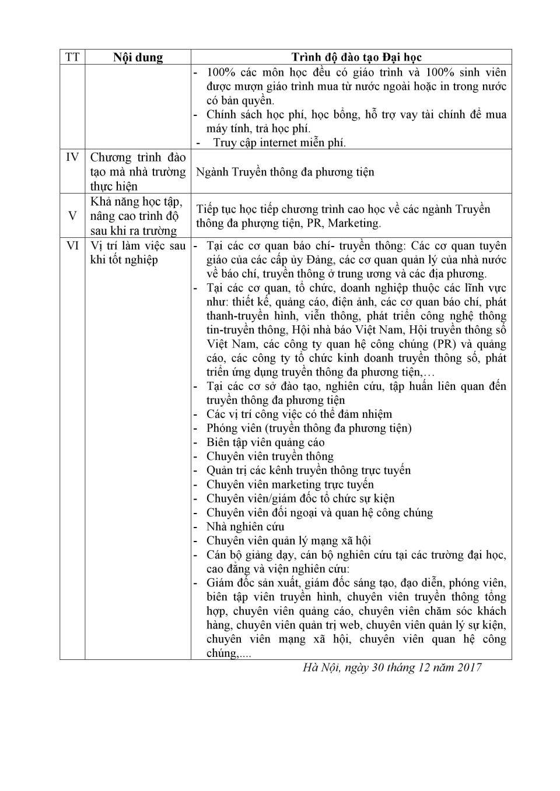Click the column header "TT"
point(72,57)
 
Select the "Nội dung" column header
point(138,57)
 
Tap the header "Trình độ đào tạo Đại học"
point(356,57)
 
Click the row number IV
point(72,157)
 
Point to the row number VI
point(72,246)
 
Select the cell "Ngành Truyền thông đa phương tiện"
point(285,172)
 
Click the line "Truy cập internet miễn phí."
point(279,143)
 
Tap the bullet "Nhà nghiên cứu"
point(245,527)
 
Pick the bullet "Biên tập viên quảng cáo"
point(265,442)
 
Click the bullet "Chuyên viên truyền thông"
point(269,456)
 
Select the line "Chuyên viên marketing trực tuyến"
point(290,484)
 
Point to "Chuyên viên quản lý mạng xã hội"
point(288,541)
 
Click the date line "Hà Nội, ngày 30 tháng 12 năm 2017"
point(392,667)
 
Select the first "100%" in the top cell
point(220,72)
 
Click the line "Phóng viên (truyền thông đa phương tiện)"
point(309,428)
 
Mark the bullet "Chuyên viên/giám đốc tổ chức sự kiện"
point(300,499)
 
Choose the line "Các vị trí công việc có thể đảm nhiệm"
point(299,414)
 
